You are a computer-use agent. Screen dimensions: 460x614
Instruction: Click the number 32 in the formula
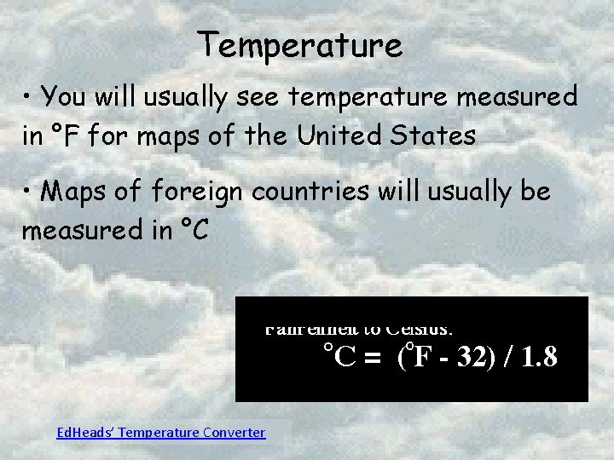[467, 356]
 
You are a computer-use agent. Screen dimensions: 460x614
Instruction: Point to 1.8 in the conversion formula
[540, 356]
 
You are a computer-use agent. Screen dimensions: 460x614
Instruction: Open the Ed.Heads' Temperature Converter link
[159, 433]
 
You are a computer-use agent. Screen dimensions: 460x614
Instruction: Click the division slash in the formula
[509, 356]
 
